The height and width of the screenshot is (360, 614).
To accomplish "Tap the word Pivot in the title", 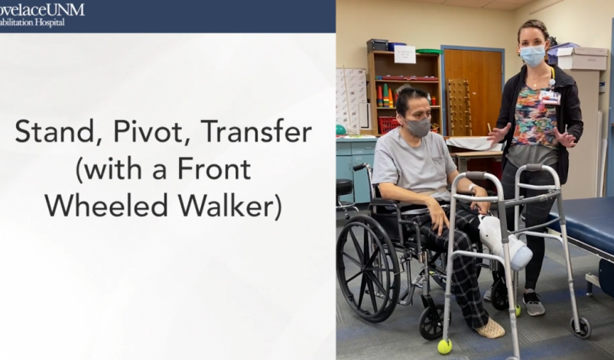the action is coord(147,132).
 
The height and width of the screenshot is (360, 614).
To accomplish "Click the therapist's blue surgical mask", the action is coord(532,55).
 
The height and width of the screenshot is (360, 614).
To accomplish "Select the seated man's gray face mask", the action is coord(417,127).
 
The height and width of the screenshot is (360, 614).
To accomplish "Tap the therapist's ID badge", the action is coord(550,97).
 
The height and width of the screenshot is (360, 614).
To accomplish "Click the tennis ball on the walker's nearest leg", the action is coord(444,346).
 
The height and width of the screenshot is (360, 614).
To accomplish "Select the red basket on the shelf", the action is coord(389,125).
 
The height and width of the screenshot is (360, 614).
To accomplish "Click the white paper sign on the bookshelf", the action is coord(404,54).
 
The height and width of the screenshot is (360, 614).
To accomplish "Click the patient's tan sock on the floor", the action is coord(489,329).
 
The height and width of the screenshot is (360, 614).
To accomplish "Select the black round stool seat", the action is coord(344,186).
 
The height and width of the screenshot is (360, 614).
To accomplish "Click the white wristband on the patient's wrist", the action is coord(472,188).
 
